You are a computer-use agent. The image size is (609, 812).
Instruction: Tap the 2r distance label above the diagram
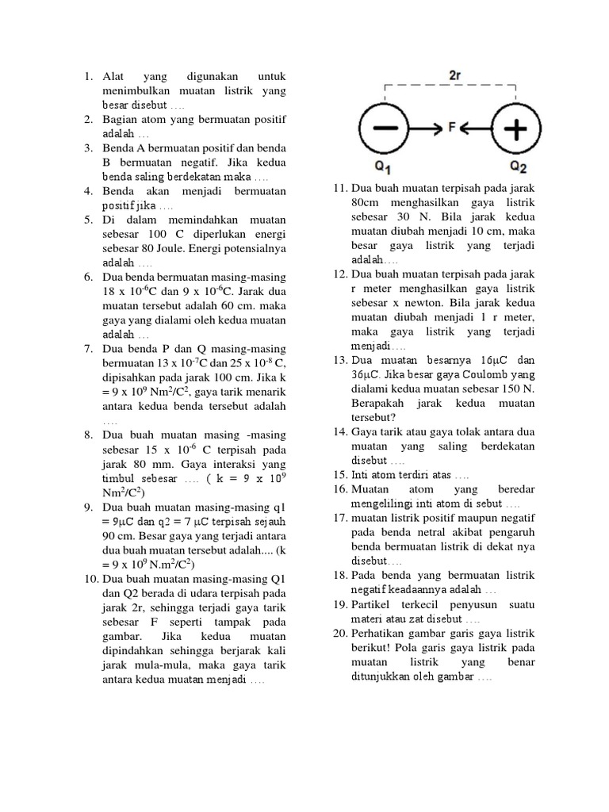click(455, 76)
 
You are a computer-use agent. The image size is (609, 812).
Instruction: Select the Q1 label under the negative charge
click(383, 167)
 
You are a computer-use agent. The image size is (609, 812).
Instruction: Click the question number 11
click(340, 188)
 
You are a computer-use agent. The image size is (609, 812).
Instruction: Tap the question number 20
click(340, 634)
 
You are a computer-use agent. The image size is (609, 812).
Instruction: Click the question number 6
click(90, 277)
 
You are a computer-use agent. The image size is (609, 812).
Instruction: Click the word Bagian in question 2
click(121, 120)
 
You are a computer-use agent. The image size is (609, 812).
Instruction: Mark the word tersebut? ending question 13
click(374, 416)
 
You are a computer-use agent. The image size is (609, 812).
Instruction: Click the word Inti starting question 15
click(361, 473)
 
